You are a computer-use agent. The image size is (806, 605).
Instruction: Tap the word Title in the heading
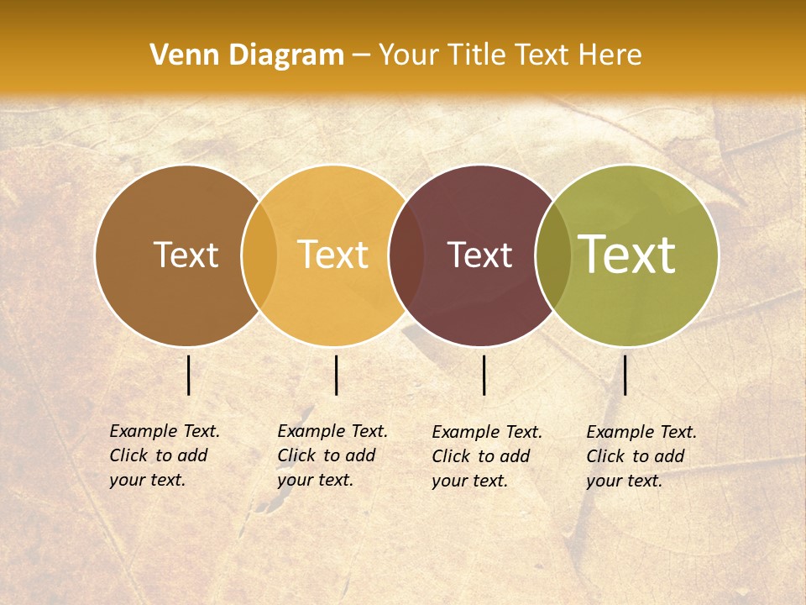[x=476, y=55]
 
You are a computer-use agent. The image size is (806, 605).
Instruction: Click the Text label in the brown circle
[x=186, y=255]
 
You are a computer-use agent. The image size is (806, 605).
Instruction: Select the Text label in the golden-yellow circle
[x=333, y=255]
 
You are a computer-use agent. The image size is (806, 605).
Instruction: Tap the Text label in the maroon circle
[x=479, y=255]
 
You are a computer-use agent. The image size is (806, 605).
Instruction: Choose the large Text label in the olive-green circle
[x=627, y=255]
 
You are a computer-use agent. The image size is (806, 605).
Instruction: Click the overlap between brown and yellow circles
[x=259, y=255]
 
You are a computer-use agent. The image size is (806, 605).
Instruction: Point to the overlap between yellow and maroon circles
[x=406, y=255]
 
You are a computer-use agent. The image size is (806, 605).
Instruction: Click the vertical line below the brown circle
[x=189, y=375]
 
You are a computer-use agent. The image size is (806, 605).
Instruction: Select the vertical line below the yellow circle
[x=336, y=375]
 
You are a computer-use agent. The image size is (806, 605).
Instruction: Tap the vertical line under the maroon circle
[x=484, y=375]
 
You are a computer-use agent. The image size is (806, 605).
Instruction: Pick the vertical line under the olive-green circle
[x=625, y=375]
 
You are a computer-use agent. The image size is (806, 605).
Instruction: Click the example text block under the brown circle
[x=165, y=455]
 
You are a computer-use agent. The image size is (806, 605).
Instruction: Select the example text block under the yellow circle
[x=332, y=455]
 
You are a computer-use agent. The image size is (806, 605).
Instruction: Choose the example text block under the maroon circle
[x=487, y=456]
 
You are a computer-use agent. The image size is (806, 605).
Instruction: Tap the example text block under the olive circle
[x=641, y=456]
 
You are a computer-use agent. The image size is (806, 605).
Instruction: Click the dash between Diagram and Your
[x=361, y=56]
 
